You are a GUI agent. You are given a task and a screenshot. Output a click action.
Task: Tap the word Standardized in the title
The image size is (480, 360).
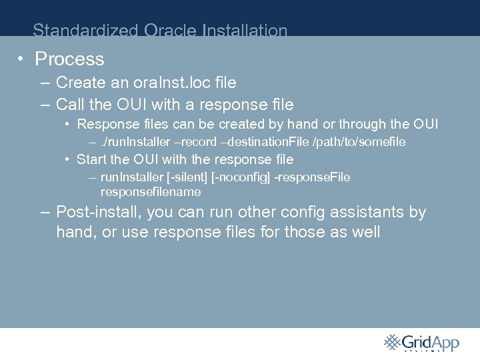tap(79, 31)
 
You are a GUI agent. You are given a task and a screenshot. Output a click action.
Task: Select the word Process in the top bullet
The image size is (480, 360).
tap(69, 59)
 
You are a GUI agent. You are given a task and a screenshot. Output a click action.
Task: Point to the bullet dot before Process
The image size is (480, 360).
tap(21, 59)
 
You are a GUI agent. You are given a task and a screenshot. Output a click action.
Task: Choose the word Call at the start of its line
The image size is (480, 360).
tap(69, 105)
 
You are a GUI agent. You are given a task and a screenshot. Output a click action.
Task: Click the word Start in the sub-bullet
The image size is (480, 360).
tap(91, 159)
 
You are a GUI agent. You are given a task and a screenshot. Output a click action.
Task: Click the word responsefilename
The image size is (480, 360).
tap(150, 192)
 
